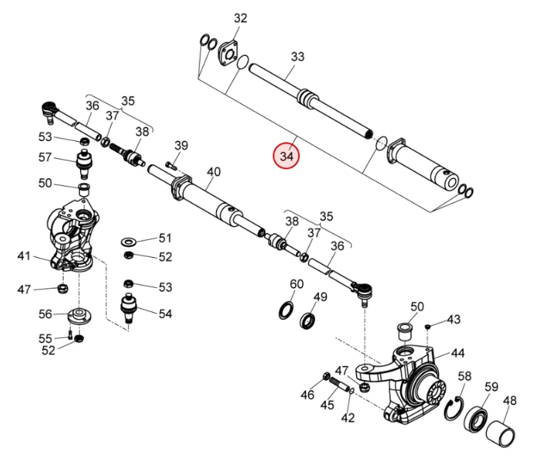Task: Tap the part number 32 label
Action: (x=240, y=19)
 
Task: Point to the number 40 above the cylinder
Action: (x=214, y=172)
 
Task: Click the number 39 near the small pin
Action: (x=181, y=146)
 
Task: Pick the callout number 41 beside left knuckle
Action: (x=24, y=256)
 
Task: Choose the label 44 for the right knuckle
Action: (x=457, y=353)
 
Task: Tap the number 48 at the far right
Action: (x=510, y=401)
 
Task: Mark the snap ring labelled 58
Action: (x=453, y=409)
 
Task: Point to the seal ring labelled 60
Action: (x=285, y=309)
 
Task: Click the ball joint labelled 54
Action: (x=129, y=309)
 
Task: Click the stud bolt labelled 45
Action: (x=343, y=389)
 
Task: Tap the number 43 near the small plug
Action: (x=454, y=319)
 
